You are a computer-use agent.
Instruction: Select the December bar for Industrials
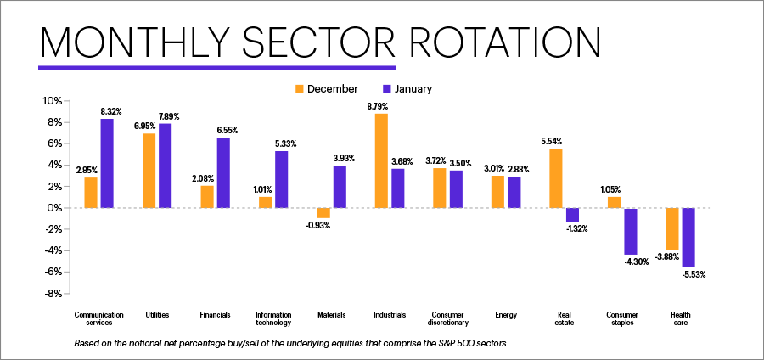pyautogui.click(x=381, y=160)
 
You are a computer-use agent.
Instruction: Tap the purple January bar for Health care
pyautogui.click(x=688, y=237)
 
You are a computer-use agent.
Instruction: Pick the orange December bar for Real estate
pyautogui.click(x=556, y=178)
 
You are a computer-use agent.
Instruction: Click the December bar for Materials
pyautogui.click(x=323, y=212)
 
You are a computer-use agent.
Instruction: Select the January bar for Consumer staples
pyautogui.click(x=631, y=231)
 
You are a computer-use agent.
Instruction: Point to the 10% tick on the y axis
pyautogui.click(x=51, y=101)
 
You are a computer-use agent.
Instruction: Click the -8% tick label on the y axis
pyautogui.click(x=51, y=294)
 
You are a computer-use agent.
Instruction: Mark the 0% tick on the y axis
pyautogui.click(x=53, y=208)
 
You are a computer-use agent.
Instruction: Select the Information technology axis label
pyautogui.click(x=273, y=318)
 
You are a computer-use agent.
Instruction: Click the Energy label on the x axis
pyautogui.click(x=507, y=315)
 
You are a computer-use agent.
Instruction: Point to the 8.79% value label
pyautogui.click(x=381, y=107)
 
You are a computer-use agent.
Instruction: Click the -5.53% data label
pyautogui.click(x=692, y=274)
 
